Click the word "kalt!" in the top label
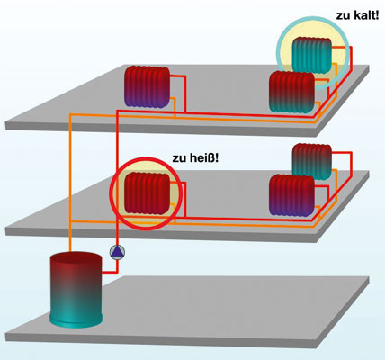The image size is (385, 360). (366, 14)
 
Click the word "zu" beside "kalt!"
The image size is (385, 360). (343, 16)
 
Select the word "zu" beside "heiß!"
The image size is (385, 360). (178, 158)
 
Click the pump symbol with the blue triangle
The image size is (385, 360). (117, 252)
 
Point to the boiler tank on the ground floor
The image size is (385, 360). (76, 290)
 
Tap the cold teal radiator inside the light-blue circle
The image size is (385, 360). (312, 55)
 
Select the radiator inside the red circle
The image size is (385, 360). (147, 193)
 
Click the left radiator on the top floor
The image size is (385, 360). (147, 87)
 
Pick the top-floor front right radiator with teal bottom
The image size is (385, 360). (291, 92)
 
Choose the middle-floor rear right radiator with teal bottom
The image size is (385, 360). (312, 162)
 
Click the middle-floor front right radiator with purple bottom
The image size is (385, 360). (291, 195)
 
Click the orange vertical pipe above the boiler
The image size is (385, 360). (70, 183)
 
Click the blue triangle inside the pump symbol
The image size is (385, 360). (117, 253)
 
